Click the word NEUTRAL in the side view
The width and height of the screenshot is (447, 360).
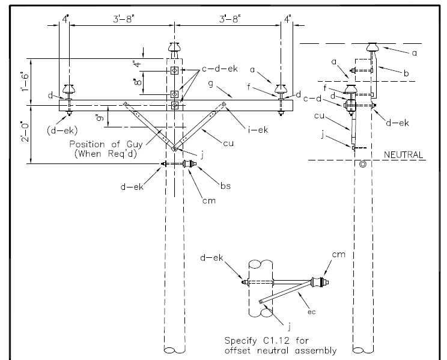click(403, 155)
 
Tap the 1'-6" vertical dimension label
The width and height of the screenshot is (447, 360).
click(25, 82)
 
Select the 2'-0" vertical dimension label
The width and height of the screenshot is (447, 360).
click(25, 132)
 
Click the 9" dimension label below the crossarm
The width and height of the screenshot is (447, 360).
click(100, 117)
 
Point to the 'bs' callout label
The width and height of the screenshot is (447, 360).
click(225, 186)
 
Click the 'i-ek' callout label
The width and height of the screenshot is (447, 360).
click(258, 130)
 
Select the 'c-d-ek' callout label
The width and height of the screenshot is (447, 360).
click(219, 69)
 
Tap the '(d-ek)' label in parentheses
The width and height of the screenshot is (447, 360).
click(62, 130)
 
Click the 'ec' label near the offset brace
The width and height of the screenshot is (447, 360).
click(312, 312)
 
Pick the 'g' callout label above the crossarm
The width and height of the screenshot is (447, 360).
click(211, 84)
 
